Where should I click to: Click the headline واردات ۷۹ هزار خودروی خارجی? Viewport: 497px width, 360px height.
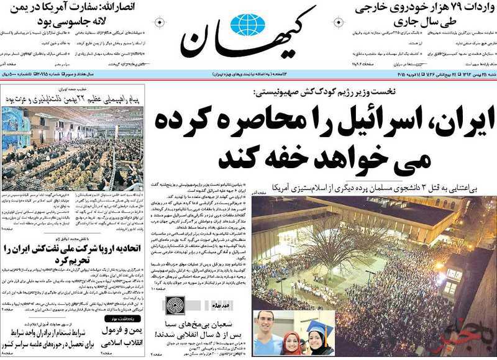click(x=426, y=9)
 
